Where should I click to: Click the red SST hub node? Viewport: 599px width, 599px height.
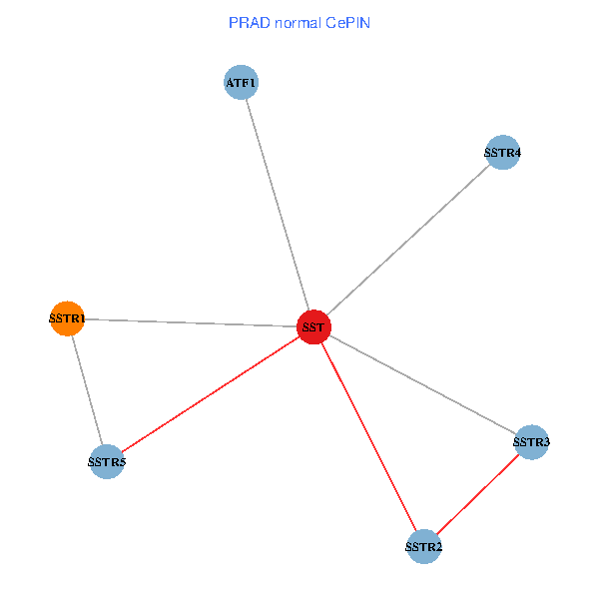click(x=313, y=327)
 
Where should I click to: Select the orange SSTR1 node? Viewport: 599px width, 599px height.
click(x=67, y=318)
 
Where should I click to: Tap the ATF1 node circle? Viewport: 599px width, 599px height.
click(x=242, y=83)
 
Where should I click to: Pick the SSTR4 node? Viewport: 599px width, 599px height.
click(x=502, y=153)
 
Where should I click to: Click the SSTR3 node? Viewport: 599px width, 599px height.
click(x=532, y=441)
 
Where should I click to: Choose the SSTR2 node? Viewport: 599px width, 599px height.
click(x=424, y=546)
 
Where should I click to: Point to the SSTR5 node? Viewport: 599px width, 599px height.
click(x=106, y=461)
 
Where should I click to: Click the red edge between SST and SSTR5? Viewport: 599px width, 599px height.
click(x=210, y=394)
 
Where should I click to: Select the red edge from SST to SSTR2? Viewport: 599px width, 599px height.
click(x=369, y=437)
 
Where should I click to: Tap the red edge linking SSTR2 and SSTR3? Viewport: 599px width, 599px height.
click(x=478, y=494)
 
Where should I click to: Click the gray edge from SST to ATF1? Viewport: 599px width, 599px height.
click(x=278, y=205)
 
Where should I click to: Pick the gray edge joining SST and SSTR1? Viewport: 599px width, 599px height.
click(x=190, y=323)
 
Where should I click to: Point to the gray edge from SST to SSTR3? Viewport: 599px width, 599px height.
click(x=423, y=384)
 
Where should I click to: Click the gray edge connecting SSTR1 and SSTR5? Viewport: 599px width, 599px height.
click(x=87, y=390)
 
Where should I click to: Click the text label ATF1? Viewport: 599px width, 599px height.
click(x=242, y=83)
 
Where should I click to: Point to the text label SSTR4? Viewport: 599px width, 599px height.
click(x=502, y=153)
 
